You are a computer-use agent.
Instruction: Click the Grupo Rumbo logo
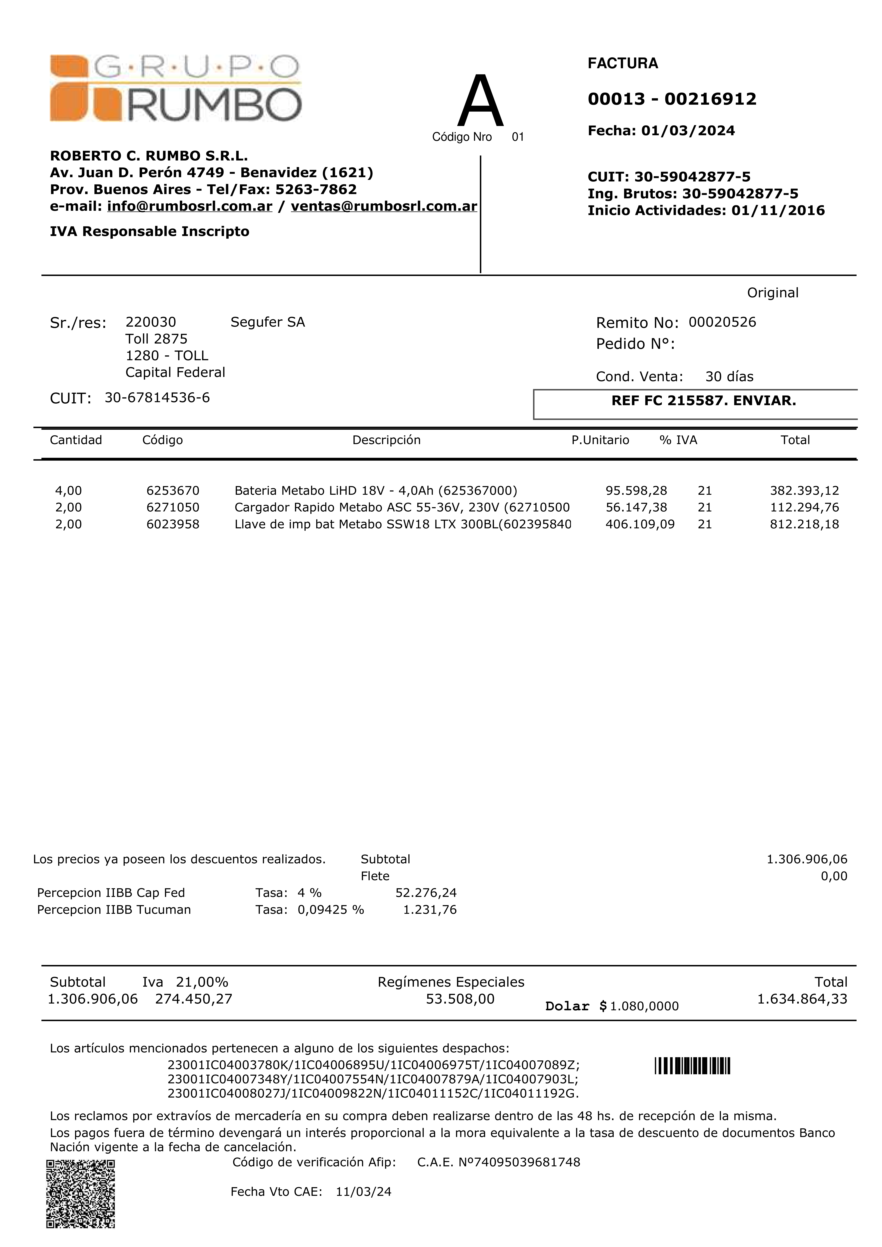176,88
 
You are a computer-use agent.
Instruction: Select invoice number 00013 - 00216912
672,99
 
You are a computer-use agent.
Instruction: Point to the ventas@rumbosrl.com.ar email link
384,206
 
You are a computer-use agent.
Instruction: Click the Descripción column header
386,440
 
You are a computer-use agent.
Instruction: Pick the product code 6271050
173,507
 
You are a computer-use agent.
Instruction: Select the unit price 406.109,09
640,524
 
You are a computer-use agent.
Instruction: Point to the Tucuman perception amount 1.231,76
429,910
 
